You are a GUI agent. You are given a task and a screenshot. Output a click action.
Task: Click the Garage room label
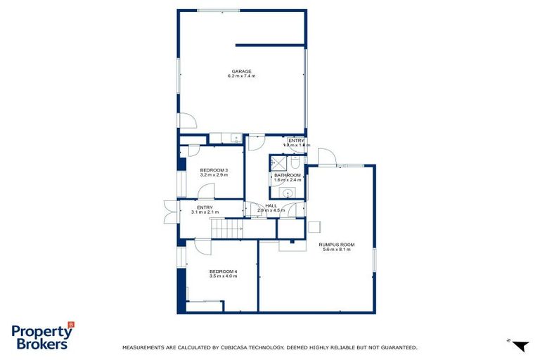click(x=241, y=71)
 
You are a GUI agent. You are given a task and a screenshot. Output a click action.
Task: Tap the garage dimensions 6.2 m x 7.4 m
click(x=241, y=76)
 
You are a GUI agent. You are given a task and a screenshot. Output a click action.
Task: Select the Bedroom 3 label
click(x=213, y=169)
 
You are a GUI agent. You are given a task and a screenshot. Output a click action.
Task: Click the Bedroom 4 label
click(x=223, y=271)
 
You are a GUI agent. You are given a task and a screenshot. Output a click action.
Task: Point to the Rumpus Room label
click(x=338, y=245)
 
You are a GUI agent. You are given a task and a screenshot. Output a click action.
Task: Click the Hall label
click(x=271, y=205)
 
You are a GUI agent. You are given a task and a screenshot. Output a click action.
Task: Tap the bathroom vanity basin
click(x=288, y=193)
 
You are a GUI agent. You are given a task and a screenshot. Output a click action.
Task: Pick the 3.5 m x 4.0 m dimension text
click(x=223, y=276)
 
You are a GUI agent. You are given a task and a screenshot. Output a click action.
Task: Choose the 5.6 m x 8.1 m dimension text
click(x=338, y=250)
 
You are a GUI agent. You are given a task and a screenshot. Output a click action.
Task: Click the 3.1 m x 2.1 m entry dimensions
click(x=205, y=212)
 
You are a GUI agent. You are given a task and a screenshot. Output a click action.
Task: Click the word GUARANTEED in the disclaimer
click(x=398, y=347)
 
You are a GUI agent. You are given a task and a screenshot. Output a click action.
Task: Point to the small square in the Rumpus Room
click(x=315, y=226)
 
